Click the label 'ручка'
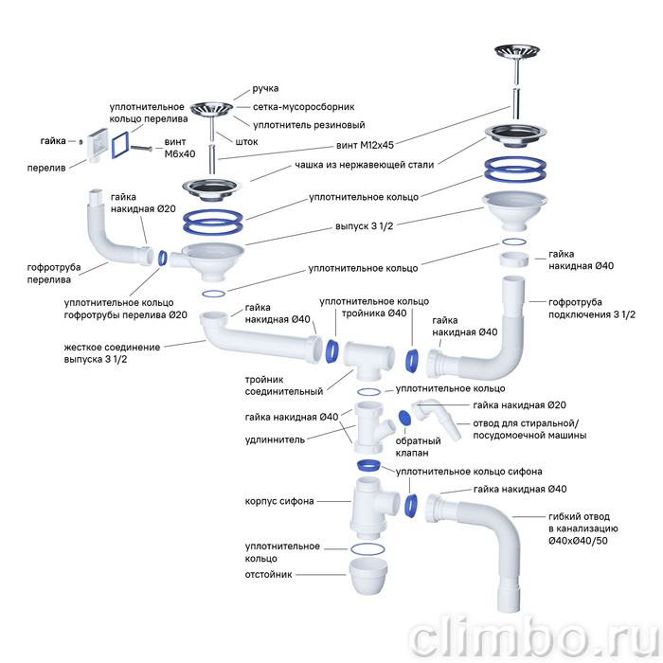click(x=265, y=89)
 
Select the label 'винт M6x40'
click(x=180, y=148)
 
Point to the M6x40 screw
click(x=141, y=148)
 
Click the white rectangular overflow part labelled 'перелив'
click(x=98, y=145)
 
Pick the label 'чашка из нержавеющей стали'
click(x=364, y=165)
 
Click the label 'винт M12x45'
click(x=365, y=146)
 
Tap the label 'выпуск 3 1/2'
click(x=364, y=226)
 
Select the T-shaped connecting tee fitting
click(x=368, y=359)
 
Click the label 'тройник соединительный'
click(x=284, y=385)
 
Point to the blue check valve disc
click(x=404, y=418)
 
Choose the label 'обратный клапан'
click(x=418, y=447)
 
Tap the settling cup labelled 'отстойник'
click(x=367, y=576)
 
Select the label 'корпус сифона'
click(x=279, y=501)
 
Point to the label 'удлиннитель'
click(x=275, y=439)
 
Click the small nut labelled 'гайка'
click(x=81, y=142)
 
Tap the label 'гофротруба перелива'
click(x=54, y=274)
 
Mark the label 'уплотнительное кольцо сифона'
click(x=469, y=472)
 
